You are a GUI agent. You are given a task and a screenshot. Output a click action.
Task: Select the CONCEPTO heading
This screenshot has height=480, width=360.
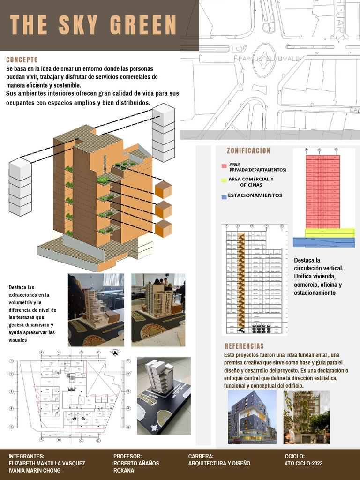tap(22, 60)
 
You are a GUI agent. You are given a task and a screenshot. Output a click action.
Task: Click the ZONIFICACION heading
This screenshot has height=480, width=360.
tap(248, 150)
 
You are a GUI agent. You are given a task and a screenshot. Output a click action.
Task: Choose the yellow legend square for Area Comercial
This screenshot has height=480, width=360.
tap(224, 180)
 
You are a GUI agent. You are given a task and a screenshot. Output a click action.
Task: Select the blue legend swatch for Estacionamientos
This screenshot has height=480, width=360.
tap(224, 197)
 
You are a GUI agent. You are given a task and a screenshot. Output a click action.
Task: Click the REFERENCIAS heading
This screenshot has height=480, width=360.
tap(244, 346)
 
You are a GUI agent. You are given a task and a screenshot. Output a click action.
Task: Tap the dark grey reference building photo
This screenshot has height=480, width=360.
tap(252, 417)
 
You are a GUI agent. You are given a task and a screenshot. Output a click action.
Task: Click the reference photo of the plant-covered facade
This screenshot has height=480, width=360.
tap(307, 417)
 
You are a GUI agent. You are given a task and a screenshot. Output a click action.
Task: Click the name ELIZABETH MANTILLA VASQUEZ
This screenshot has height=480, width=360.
tap(47, 463)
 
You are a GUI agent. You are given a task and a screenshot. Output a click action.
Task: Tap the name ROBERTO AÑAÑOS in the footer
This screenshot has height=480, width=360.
tap(136, 463)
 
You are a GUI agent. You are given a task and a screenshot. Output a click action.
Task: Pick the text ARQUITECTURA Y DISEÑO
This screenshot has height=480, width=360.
tap(219, 463)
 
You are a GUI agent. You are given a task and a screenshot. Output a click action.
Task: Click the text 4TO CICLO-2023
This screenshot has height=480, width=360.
tap(303, 463)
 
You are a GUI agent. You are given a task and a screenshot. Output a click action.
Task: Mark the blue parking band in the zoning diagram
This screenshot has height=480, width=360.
tap(324, 242)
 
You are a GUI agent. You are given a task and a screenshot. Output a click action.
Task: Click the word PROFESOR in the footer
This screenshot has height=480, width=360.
tap(127, 456)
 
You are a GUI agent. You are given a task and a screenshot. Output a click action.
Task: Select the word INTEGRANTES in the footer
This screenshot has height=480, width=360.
tap(26, 456)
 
